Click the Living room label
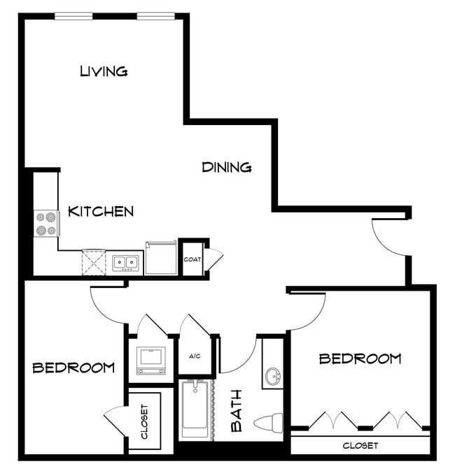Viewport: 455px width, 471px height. coord(104,71)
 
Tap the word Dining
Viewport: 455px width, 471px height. coord(227,168)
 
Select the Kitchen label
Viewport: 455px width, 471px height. coord(101,211)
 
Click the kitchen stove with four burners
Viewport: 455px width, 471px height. coord(47,224)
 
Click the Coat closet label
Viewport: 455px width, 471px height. coord(192,259)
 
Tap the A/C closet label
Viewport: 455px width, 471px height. coord(195,356)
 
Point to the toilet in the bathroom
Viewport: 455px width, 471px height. coord(269,422)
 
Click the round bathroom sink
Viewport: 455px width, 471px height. coord(272,377)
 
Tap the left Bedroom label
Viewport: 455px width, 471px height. coord(73,368)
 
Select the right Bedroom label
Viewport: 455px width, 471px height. coord(360,359)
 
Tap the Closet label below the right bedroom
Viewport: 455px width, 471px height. coord(360,446)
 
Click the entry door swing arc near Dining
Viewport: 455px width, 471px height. coord(386,238)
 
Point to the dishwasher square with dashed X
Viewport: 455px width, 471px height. coord(94,263)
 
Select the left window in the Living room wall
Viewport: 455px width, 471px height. coord(75,16)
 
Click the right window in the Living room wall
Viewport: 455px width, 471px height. coord(156,16)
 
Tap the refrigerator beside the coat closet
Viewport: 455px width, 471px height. coord(161,259)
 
